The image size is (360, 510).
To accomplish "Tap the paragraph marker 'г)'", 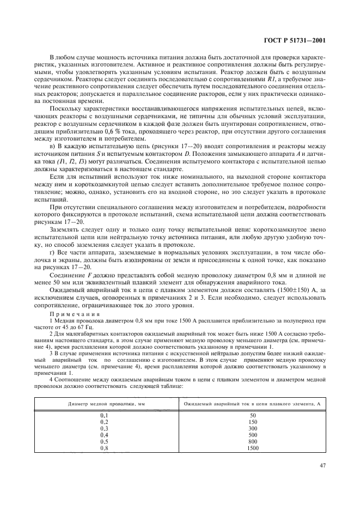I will point(52,254).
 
